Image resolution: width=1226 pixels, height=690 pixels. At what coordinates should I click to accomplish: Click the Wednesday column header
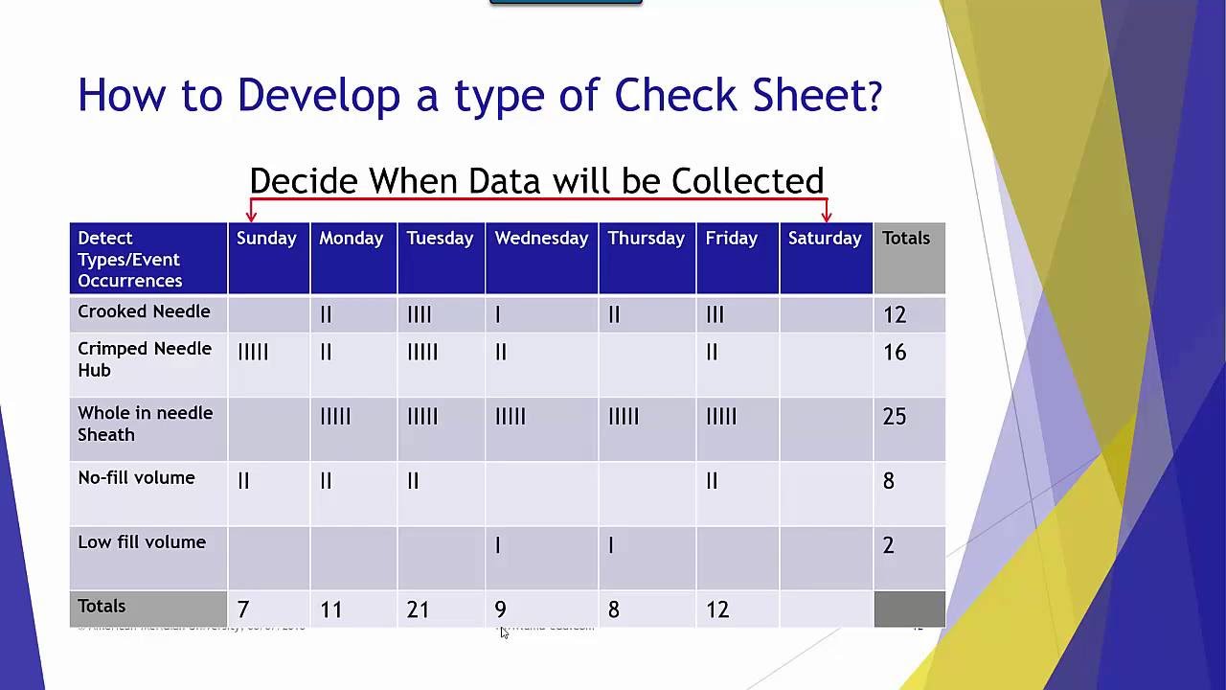[541, 239]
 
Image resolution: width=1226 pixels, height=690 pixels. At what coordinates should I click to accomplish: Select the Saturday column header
[825, 239]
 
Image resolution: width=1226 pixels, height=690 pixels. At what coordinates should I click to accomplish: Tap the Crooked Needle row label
[144, 311]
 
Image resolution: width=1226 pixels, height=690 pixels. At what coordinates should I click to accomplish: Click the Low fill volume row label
[142, 542]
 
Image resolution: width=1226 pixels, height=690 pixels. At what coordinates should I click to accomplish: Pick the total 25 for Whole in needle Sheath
[894, 417]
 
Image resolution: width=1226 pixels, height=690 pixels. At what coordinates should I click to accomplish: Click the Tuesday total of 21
[418, 609]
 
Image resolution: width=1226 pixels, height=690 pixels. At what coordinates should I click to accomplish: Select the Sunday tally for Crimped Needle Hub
[253, 353]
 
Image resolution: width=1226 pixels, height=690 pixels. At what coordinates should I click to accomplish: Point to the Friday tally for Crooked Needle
[715, 314]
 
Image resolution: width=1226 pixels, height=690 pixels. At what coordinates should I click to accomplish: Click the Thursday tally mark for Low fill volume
[611, 545]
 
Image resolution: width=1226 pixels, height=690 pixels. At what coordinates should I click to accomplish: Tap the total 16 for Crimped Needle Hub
[894, 353]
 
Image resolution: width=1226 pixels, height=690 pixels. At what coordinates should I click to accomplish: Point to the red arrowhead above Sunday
[252, 216]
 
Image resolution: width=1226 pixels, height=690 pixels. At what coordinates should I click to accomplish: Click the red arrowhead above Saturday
[827, 216]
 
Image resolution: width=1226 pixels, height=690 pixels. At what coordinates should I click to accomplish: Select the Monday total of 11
[331, 609]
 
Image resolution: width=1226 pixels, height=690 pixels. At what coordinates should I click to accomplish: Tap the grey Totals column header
[906, 239]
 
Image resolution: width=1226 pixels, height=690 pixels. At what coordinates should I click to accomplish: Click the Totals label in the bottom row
[102, 607]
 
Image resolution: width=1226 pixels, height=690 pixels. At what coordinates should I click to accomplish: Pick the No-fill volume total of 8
[889, 481]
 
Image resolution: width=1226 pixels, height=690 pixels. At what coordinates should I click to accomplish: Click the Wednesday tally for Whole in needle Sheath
[510, 417]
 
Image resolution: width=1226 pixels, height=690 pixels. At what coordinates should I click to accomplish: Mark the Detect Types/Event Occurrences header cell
[129, 259]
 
